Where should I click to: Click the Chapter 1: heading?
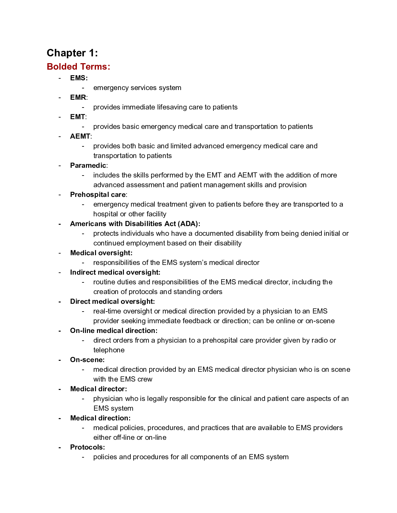(72, 53)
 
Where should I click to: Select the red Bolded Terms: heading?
(78, 66)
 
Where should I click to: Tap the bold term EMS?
(79, 78)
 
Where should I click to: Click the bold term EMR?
(78, 97)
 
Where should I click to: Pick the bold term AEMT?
(80, 136)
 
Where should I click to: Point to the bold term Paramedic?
(88, 165)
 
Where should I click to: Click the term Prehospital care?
(98, 195)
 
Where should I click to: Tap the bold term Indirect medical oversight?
(115, 272)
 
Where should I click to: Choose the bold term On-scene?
(87, 360)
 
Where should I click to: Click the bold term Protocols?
(87, 447)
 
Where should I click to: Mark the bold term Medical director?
(98, 389)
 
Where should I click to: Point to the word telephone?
(109, 350)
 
